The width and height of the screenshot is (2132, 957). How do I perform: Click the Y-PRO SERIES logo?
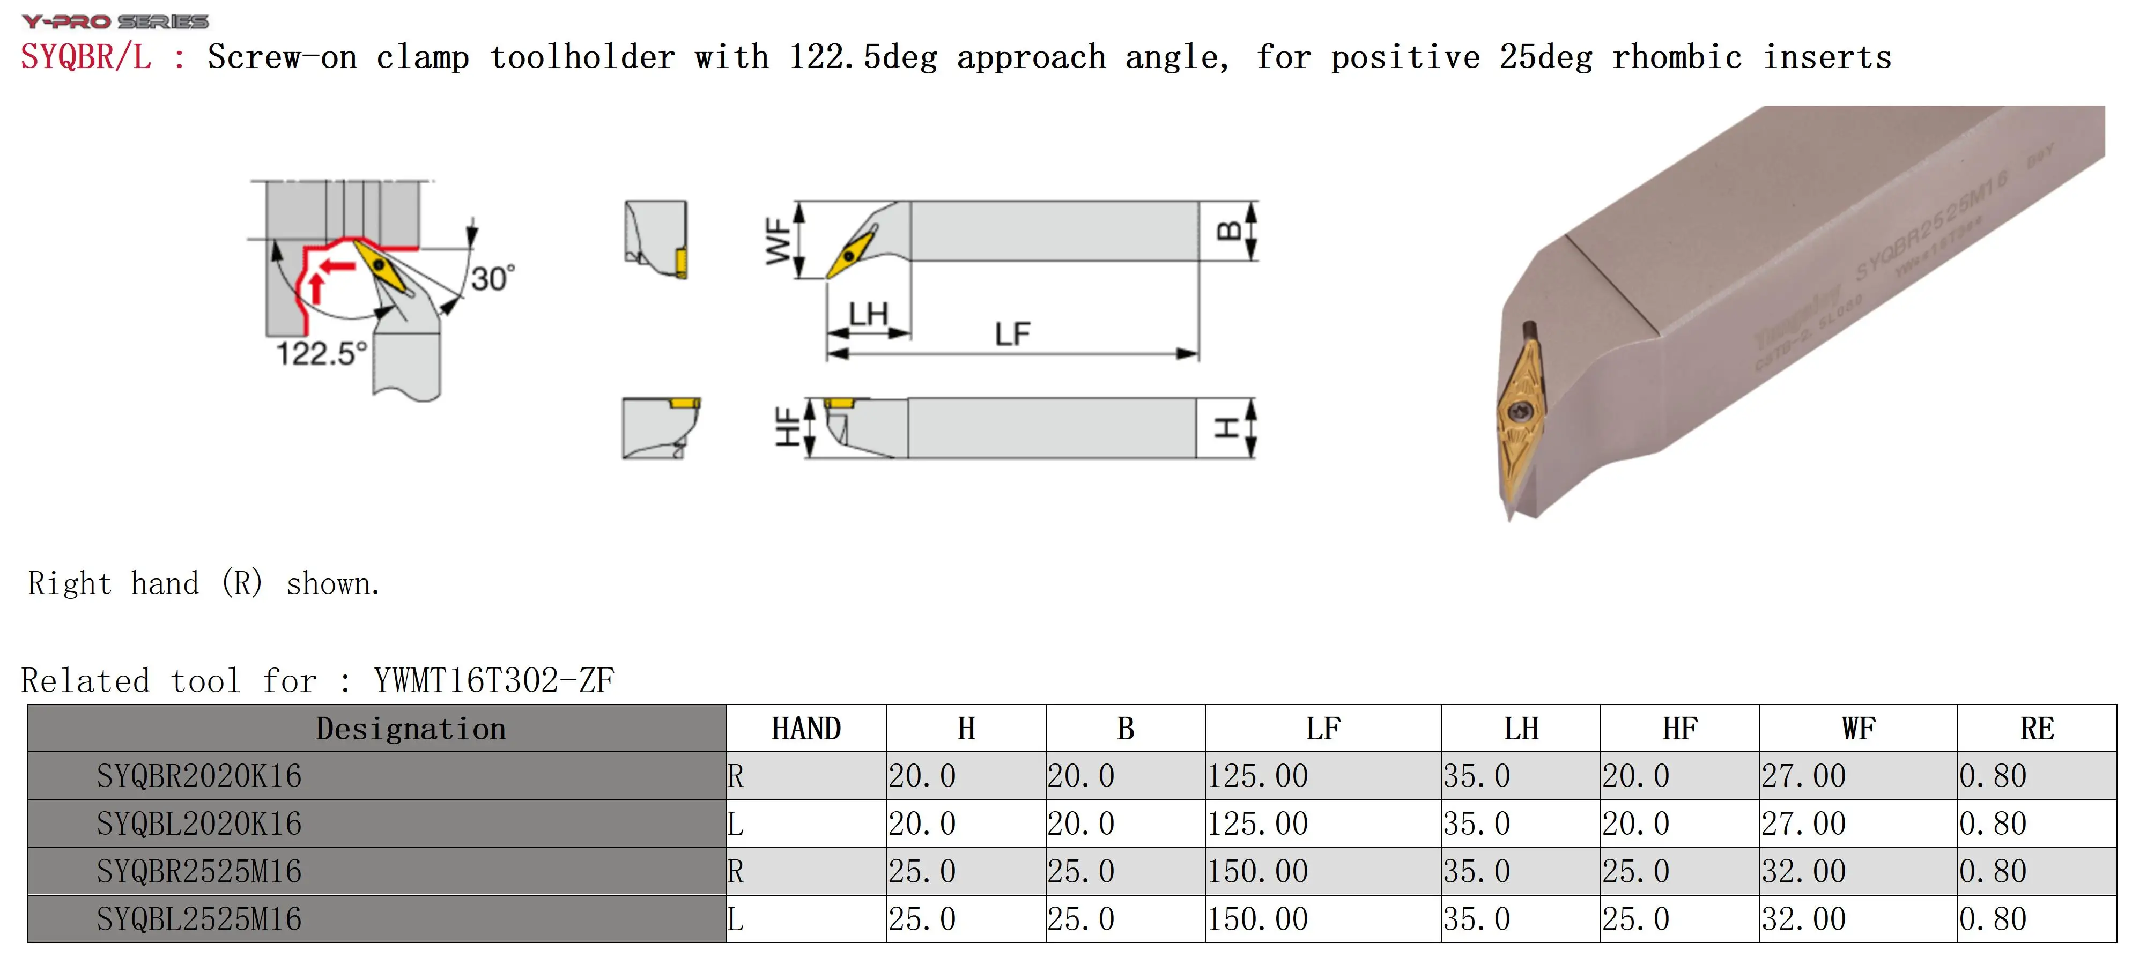click(115, 21)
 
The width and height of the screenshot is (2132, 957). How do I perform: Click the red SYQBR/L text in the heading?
click(86, 57)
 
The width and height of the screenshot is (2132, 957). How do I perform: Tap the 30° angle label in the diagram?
click(492, 278)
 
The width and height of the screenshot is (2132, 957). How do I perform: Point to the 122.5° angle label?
click(320, 353)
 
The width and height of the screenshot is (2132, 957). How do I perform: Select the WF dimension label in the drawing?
click(778, 241)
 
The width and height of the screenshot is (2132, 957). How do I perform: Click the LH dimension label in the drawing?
click(868, 315)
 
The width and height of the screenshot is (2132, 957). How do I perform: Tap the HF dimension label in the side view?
click(787, 427)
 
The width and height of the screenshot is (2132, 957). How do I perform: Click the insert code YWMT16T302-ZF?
click(493, 680)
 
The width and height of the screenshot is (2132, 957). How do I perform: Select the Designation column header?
click(411, 729)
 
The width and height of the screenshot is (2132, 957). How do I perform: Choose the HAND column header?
click(805, 729)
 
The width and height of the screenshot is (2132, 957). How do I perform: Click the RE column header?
click(2036, 729)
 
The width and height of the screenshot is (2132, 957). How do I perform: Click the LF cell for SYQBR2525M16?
click(1257, 871)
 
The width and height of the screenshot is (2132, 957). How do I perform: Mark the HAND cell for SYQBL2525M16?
click(736, 919)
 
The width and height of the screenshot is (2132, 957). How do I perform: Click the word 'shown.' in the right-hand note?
click(332, 584)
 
